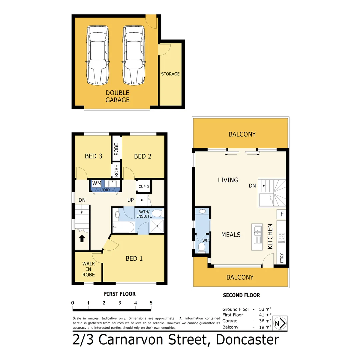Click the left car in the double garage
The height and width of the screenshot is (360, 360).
click(x=98, y=55)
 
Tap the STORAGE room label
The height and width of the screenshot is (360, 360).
click(x=170, y=74)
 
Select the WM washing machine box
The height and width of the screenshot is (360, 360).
click(x=97, y=184)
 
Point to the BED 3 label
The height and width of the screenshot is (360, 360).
click(x=93, y=156)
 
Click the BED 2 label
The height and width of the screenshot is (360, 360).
click(x=143, y=156)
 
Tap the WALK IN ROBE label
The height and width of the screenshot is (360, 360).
click(x=89, y=269)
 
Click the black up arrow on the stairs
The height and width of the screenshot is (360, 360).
click(x=81, y=239)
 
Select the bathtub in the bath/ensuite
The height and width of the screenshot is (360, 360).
click(x=124, y=227)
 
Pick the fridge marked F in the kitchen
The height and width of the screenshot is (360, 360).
click(x=282, y=214)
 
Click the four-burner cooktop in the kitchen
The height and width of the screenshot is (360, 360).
click(x=282, y=238)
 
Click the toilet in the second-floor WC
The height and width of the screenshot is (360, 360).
click(x=201, y=247)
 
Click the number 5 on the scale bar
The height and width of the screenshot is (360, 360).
click(x=151, y=303)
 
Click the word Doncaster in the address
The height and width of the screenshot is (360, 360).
click(x=248, y=340)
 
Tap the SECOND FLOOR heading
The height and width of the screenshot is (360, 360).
click(x=241, y=295)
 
